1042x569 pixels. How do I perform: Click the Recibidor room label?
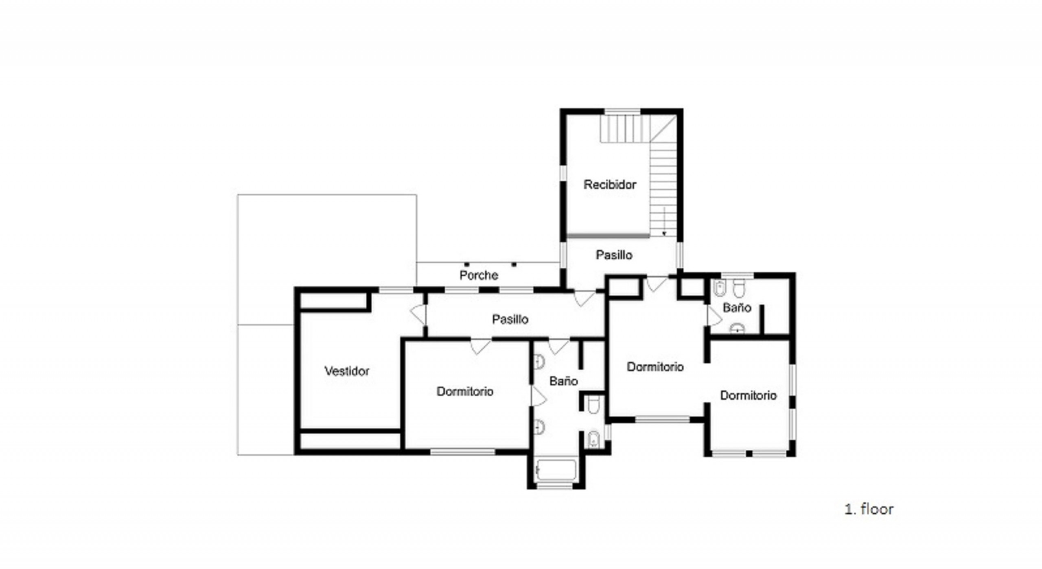(x=610, y=185)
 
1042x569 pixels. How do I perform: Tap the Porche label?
(x=479, y=275)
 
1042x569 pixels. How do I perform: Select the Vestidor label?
(x=347, y=371)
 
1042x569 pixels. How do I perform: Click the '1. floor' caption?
(x=869, y=509)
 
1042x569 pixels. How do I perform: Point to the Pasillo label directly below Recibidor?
(x=614, y=255)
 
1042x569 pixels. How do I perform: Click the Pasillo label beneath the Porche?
(x=510, y=319)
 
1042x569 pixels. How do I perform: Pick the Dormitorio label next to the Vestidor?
(x=465, y=391)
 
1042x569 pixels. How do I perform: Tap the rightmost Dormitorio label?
(x=749, y=395)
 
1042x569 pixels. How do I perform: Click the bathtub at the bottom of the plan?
(x=556, y=470)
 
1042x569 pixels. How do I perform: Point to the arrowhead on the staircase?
(x=664, y=233)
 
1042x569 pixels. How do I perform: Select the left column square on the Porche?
(x=466, y=264)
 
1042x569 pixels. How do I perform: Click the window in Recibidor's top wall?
(x=622, y=112)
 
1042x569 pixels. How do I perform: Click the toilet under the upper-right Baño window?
(x=738, y=288)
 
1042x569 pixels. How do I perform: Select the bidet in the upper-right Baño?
(x=720, y=288)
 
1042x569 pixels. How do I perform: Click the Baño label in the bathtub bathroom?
(x=563, y=381)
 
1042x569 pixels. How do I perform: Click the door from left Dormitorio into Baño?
(x=538, y=396)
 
